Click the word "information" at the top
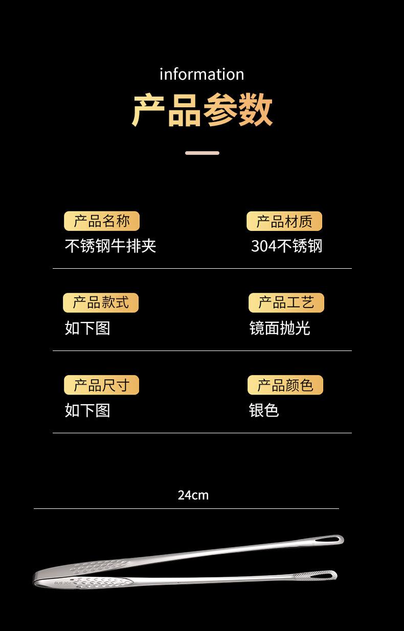[x=201, y=75]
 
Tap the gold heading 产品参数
[x=202, y=109]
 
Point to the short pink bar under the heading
[x=202, y=153]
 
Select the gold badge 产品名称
[x=101, y=221]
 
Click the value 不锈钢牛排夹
[x=110, y=246]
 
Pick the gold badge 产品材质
[x=284, y=221]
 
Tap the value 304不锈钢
[x=286, y=246]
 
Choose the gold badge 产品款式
[x=100, y=302]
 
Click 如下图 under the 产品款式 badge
[x=87, y=328]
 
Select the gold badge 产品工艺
[x=286, y=302]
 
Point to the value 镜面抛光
[x=280, y=328]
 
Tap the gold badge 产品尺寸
[x=101, y=385]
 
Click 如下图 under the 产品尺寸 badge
[x=87, y=410]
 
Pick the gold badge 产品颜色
[x=285, y=385]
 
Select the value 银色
[x=264, y=410]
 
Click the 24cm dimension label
[x=193, y=495]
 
